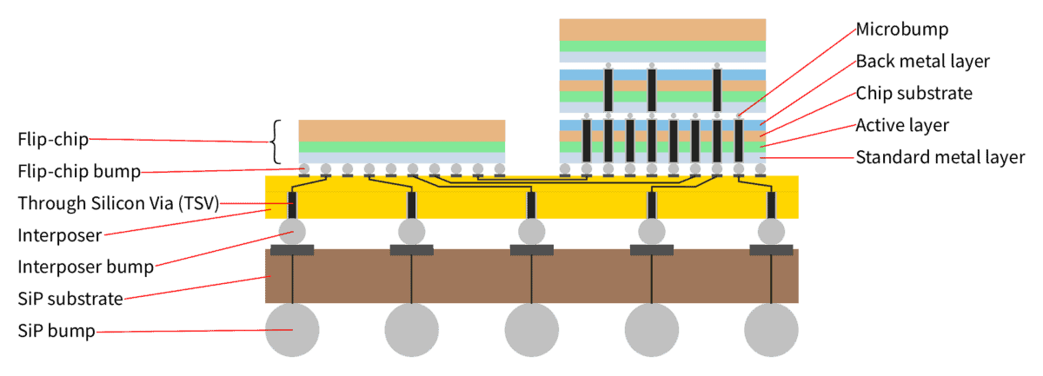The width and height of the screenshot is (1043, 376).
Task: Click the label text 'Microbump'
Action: [x=902, y=30]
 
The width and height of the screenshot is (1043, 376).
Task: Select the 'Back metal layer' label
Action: [x=922, y=62]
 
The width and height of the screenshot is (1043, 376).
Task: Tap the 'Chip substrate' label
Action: [x=914, y=94]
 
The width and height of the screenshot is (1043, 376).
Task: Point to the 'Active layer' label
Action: [x=902, y=125]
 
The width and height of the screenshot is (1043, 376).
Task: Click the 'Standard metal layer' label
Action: [x=940, y=157]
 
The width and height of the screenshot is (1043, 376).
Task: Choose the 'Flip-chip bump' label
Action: [x=79, y=171]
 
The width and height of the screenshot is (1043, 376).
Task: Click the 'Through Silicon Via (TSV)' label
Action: [x=118, y=203]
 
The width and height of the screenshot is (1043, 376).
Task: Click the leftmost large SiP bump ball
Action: [x=292, y=330]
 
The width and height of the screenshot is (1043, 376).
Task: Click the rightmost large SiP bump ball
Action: [x=771, y=330]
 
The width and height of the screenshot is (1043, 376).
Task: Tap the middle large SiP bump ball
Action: [x=532, y=330]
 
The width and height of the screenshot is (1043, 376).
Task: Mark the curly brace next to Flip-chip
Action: [x=276, y=142]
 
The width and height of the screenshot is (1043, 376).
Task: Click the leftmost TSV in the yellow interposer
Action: [x=292, y=205]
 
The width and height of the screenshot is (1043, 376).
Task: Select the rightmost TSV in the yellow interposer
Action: [x=771, y=205]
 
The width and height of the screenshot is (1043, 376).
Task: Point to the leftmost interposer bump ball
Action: [x=292, y=232]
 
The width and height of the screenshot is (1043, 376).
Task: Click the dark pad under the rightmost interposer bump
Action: [x=771, y=250]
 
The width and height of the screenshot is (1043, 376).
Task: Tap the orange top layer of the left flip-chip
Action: [x=402, y=131]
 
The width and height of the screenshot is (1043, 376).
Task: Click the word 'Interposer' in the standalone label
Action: [x=60, y=235]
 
